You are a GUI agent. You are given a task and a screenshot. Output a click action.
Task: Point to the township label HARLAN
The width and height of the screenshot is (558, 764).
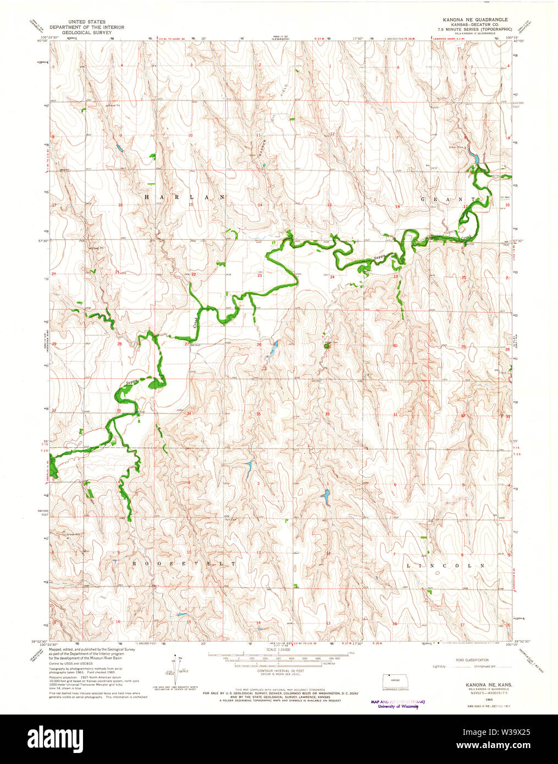[185, 197]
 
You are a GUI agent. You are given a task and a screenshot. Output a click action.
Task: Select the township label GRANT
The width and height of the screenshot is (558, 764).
[448, 199]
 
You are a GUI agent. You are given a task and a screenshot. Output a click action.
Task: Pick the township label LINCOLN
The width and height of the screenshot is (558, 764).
[446, 565]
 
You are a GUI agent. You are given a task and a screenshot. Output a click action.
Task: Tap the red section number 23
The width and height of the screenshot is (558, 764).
[259, 276]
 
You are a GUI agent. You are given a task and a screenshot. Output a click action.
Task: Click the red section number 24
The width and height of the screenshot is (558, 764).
[332, 277]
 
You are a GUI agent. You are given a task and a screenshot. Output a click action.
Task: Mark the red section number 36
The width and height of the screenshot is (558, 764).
[328, 414]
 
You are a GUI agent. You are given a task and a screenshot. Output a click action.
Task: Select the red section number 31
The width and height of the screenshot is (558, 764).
[395, 414]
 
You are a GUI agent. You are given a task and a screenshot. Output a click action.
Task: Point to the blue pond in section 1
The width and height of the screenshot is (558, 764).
[325, 498]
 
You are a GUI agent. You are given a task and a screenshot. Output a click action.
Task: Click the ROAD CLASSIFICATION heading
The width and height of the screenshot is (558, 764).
[472, 660]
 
